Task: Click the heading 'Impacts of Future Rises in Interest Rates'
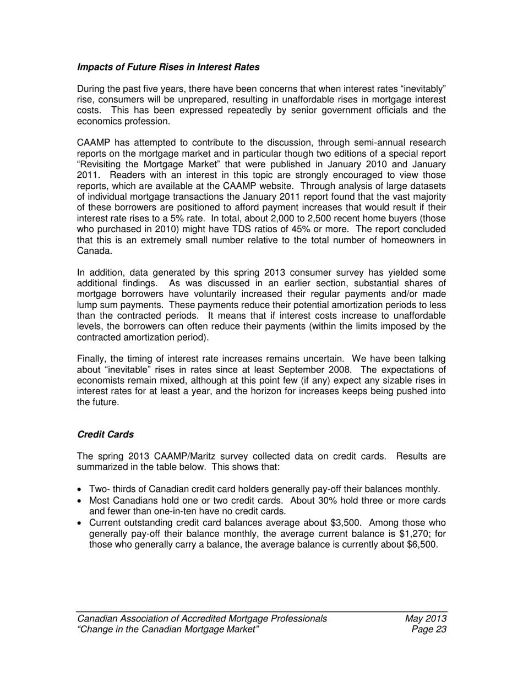coord(168,67)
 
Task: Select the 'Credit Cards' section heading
coord(105,434)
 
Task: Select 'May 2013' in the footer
coord(425,619)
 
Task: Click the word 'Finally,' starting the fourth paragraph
coord(92,359)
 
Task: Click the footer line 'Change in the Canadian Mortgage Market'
coord(168,630)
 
